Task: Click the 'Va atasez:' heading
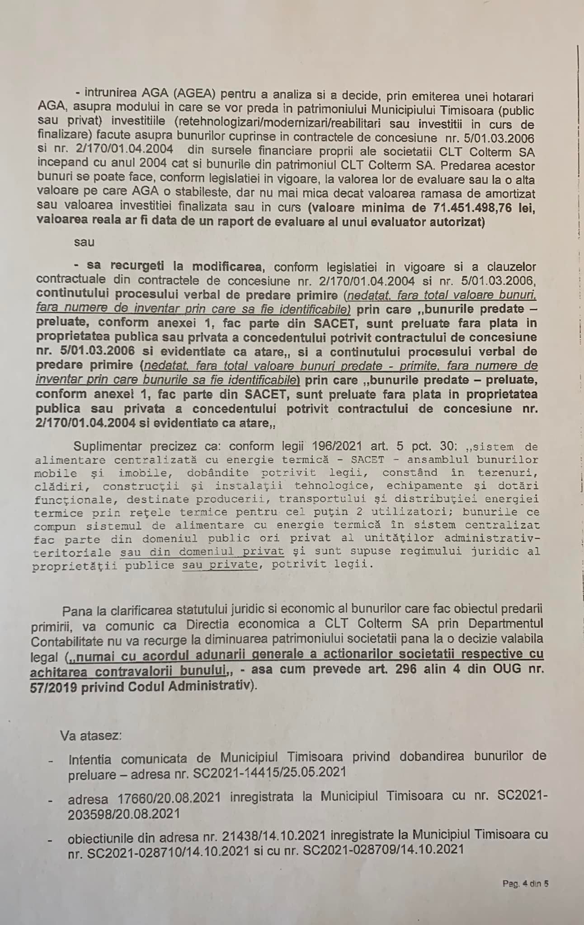click(91, 735)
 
